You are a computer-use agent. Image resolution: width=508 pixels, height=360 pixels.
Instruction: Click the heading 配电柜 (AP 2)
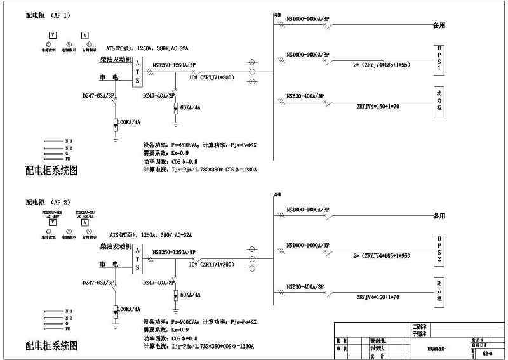pos(48,203)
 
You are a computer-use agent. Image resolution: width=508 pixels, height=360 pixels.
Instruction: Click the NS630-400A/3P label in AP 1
pos(305,97)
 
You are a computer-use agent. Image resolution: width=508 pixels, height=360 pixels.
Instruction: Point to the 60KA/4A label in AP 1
pos(190,108)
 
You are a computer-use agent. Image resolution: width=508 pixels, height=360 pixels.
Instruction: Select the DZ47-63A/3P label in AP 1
pos(98,95)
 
